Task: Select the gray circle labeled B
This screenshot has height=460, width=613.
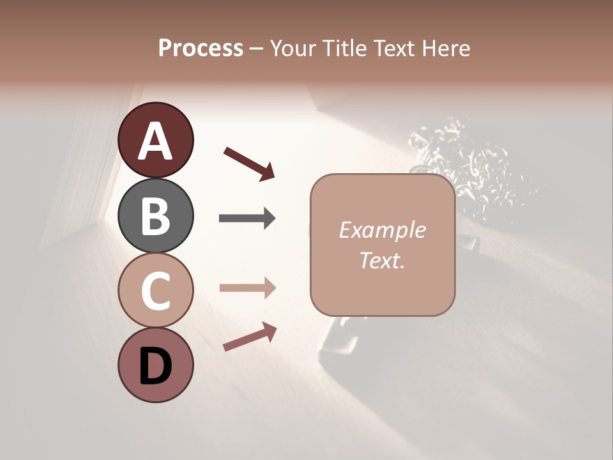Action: coord(155,215)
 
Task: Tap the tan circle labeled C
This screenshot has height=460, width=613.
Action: coord(155,291)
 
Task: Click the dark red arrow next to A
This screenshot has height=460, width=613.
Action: coord(249,163)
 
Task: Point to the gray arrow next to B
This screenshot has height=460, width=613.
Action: coord(247,218)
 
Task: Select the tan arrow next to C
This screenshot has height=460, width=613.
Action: coord(247,288)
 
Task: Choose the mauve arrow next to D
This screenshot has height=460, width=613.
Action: coord(250,337)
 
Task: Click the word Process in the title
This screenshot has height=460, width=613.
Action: coord(201,49)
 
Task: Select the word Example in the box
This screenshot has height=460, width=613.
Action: coord(382,230)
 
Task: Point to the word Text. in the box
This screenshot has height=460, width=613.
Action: coord(382,260)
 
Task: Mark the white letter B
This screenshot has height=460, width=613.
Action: coord(155,215)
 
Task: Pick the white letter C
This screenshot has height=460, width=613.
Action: coord(155,291)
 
